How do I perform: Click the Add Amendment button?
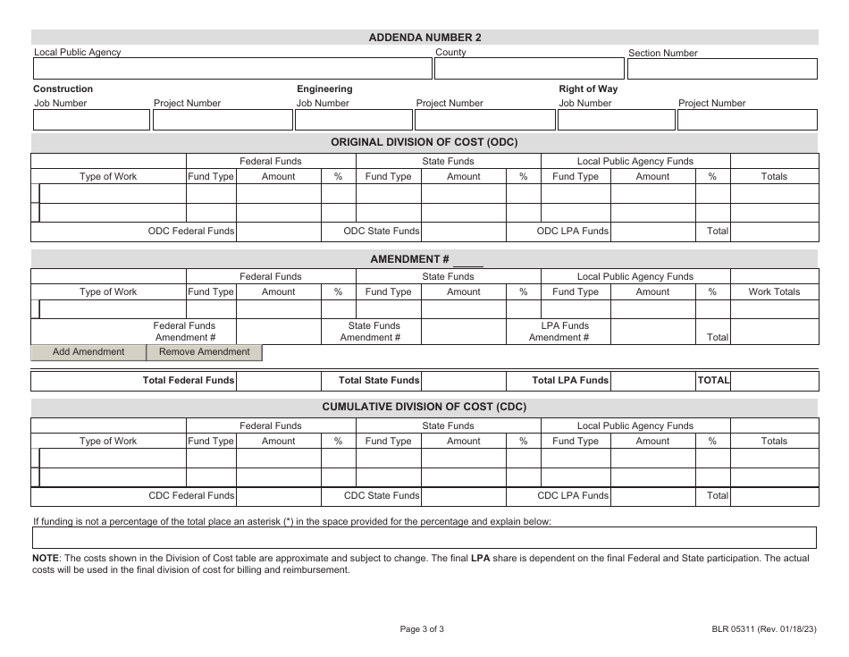(x=88, y=352)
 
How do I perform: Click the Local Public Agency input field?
(x=231, y=70)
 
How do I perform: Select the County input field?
(x=528, y=70)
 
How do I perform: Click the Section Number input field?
(x=722, y=70)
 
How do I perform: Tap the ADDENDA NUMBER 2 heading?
(x=424, y=38)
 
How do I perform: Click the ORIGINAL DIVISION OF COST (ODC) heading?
(x=424, y=142)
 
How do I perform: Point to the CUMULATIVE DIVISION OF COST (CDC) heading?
(x=424, y=407)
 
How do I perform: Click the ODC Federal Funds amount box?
(x=278, y=232)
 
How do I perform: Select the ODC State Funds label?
(x=382, y=232)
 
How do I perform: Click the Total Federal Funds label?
(x=189, y=381)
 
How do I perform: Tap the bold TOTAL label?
(x=713, y=381)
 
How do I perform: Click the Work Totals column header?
(x=774, y=292)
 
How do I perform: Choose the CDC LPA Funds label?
(x=573, y=496)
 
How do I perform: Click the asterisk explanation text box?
(x=424, y=538)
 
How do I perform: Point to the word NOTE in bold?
(x=45, y=559)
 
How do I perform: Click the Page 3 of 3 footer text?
(x=422, y=629)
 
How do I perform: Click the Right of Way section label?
(x=588, y=89)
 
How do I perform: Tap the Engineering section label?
(x=324, y=89)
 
